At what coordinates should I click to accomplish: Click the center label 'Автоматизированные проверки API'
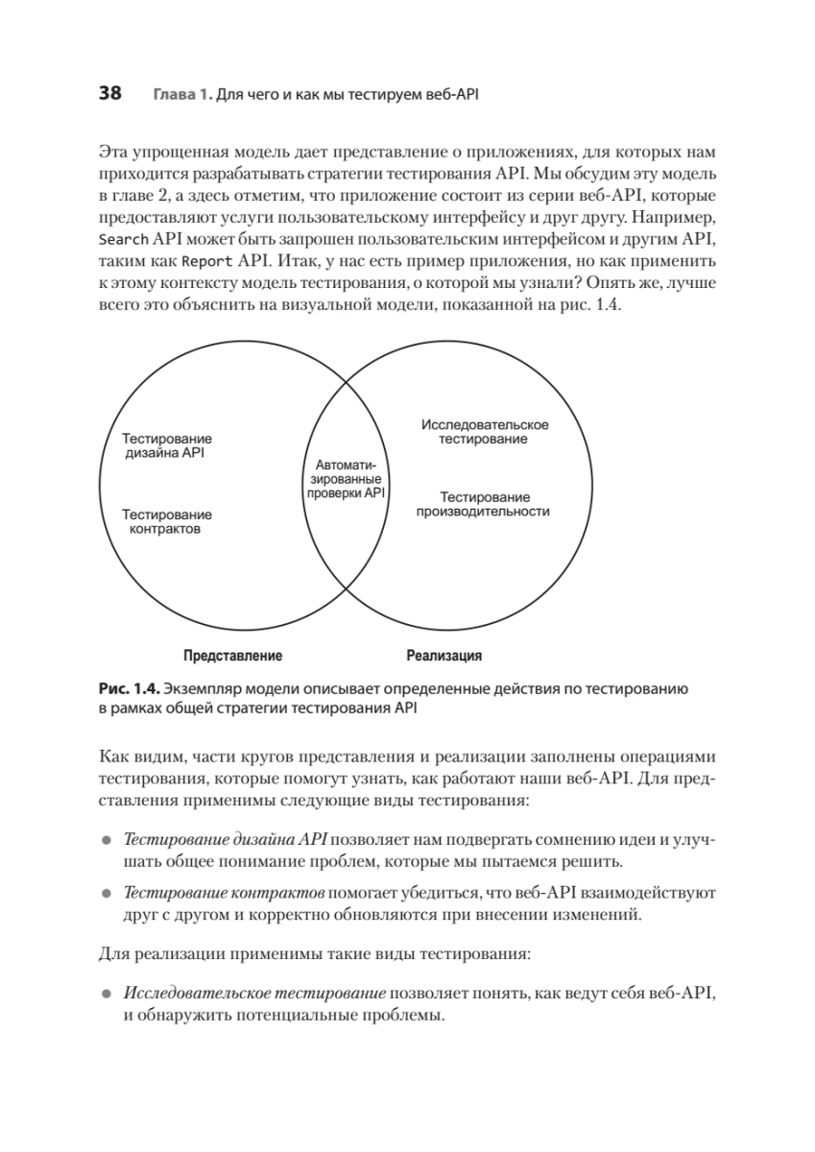[345, 478]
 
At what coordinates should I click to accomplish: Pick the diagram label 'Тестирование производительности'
[484, 504]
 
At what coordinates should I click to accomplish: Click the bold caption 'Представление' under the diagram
[232, 657]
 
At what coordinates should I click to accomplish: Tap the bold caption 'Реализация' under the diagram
[443, 657]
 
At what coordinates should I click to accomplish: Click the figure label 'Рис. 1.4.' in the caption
[129, 689]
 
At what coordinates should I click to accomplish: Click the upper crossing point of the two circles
[346, 381]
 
